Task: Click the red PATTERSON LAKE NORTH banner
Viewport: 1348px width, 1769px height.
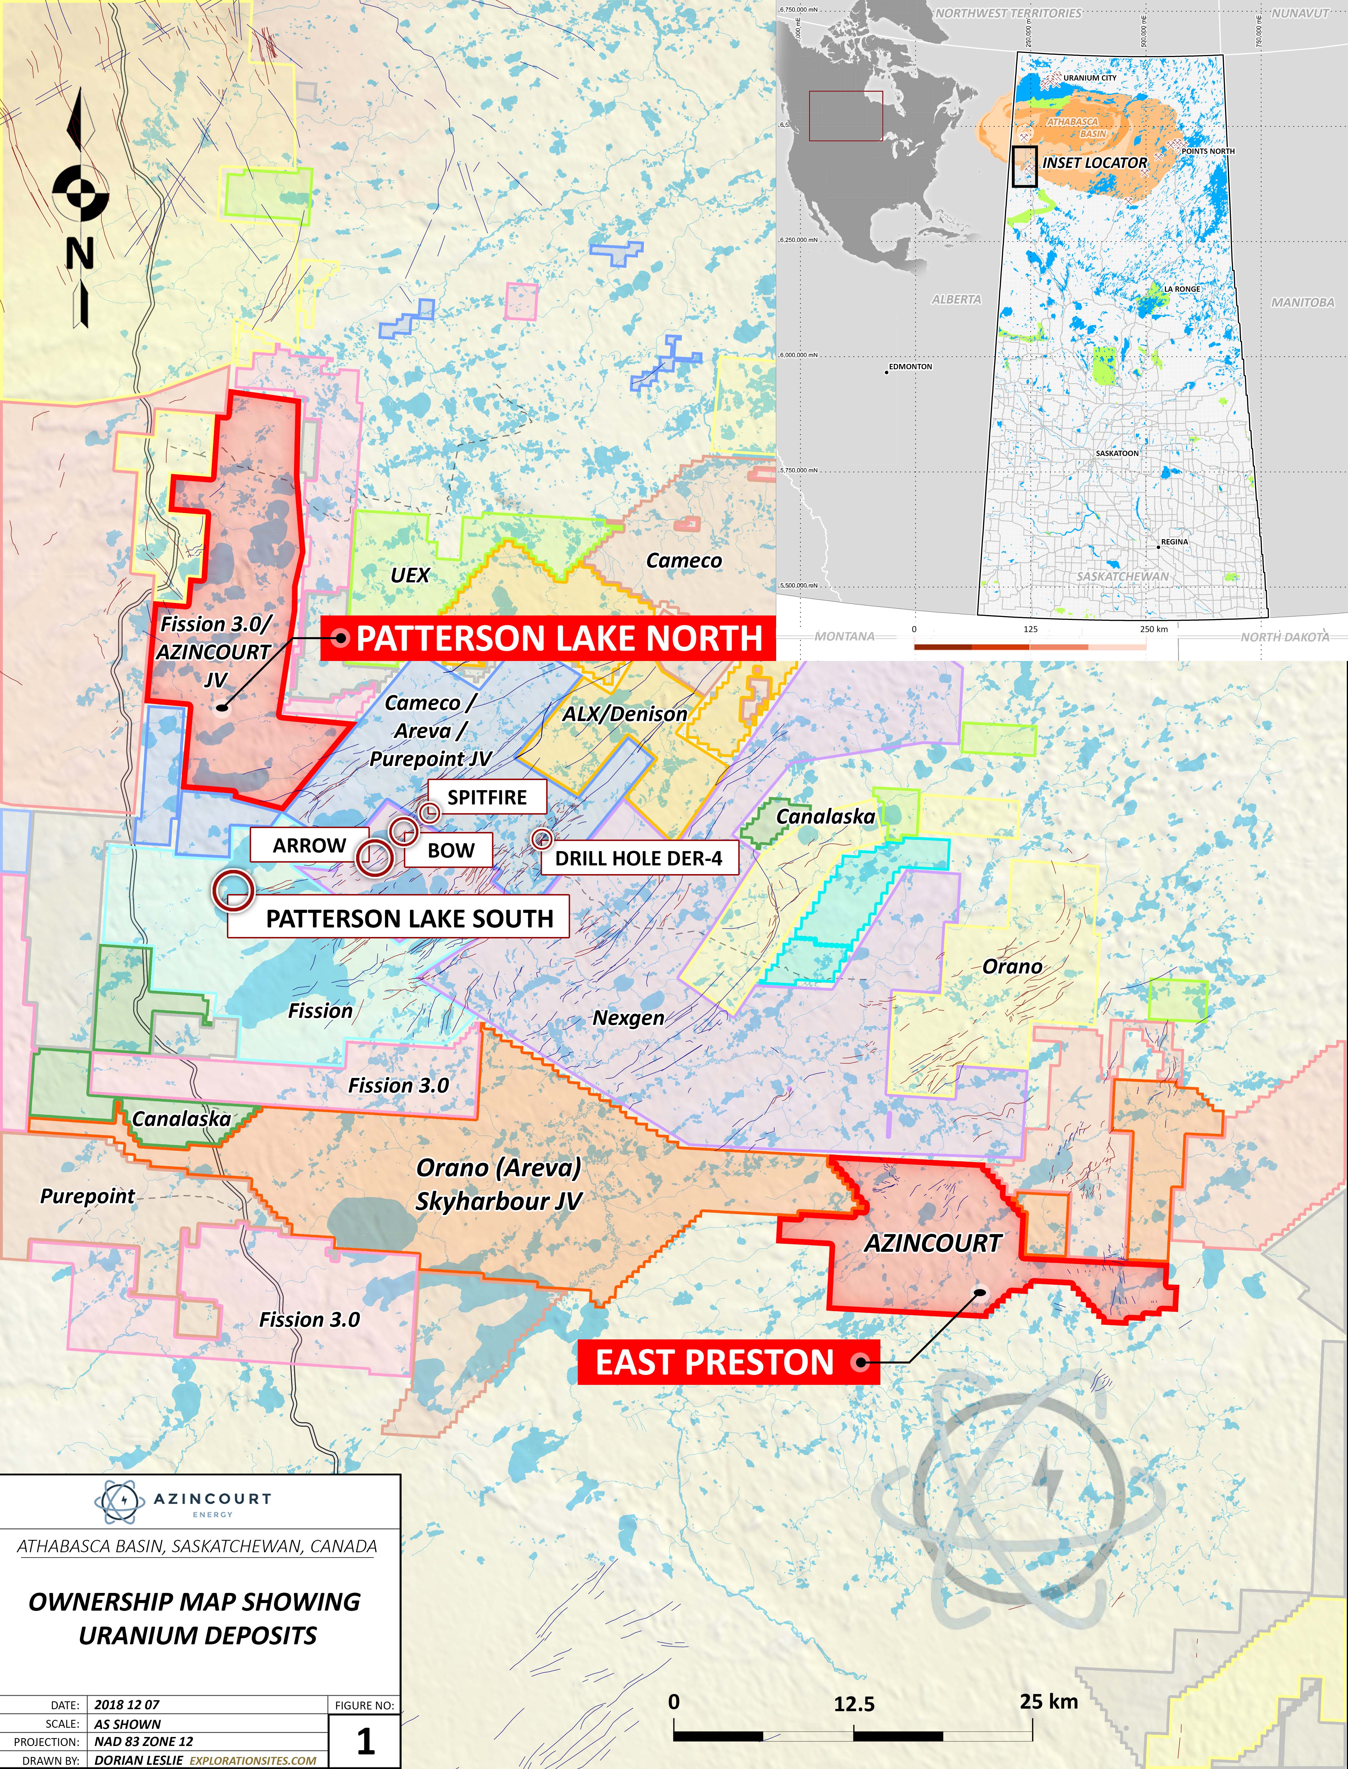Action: point(548,639)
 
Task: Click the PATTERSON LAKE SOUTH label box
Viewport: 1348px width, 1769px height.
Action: point(409,918)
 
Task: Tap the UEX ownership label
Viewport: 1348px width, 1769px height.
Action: point(410,575)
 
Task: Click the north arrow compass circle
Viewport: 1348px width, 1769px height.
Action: point(80,191)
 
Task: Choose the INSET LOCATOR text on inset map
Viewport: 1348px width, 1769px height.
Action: point(1094,163)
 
